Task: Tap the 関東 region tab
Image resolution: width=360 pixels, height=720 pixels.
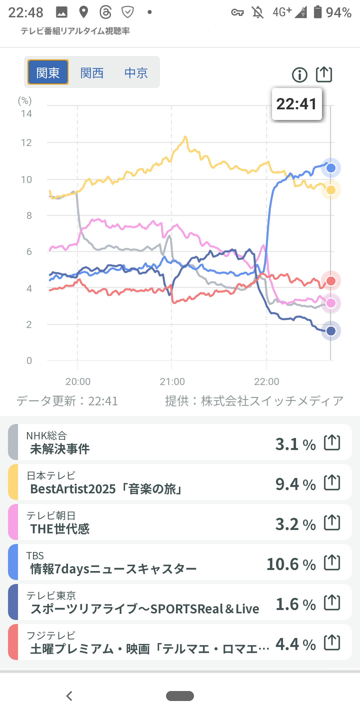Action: pyautogui.click(x=48, y=72)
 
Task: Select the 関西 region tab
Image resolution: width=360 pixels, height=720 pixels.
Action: pyautogui.click(x=92, y=73)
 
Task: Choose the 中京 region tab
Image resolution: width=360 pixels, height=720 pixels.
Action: pyautogui.click(x=136, y=73)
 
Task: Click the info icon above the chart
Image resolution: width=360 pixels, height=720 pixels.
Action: pyautogui.click(x=300, y=75)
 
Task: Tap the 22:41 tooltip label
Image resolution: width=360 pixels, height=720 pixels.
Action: pyautogui.click(x=297, y=104)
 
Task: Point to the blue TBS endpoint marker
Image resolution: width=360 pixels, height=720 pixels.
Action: pyautogui.click(x=331, y=168)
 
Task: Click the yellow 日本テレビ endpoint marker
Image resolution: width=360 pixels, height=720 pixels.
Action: pyautogui.click(x=331, y=190)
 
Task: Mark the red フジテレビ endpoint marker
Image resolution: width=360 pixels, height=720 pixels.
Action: pyautogui.click(x=331, y=281)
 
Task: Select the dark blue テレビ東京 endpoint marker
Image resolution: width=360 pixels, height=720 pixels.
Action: pyautogui.click(x=331, y=331)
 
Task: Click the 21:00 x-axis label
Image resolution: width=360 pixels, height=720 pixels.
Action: pyautogui.click(x=172, y=381)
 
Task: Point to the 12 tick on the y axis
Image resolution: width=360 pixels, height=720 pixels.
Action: pyautogui.click(x=26, y=143)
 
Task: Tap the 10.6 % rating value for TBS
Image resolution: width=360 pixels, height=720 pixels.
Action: pyautogui.click(x=291, y=564)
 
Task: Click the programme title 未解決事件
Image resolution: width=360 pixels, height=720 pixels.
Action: pyautogui.click(x=60, y=449)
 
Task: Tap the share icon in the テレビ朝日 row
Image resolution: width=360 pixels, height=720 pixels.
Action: pyautogui.click(x=332, y=523)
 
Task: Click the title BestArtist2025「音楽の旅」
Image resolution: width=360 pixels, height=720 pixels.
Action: pyautogui.click(x=106, y=489)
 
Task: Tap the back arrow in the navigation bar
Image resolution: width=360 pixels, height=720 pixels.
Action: pyautogui.click(x=69, y=696)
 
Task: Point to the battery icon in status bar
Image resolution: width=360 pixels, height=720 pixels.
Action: pyautogui.click(x=318, y=12)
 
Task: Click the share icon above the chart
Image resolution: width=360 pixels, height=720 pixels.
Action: pyautogui.click(x=324, y=74)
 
